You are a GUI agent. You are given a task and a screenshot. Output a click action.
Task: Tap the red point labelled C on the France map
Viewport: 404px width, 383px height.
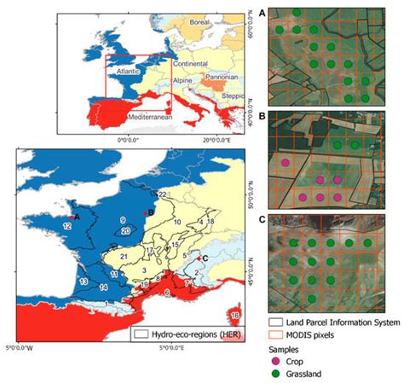coord(198,258)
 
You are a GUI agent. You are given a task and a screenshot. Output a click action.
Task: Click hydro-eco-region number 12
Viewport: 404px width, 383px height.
coord(66,225)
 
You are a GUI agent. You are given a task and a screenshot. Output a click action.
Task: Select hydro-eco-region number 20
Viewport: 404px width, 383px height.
coord(126,230)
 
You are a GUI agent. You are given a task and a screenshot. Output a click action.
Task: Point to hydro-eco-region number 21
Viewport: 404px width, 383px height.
coord(124,256)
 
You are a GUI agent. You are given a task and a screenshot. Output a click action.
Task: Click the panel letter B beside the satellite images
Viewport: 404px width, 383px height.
coord(262,113)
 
